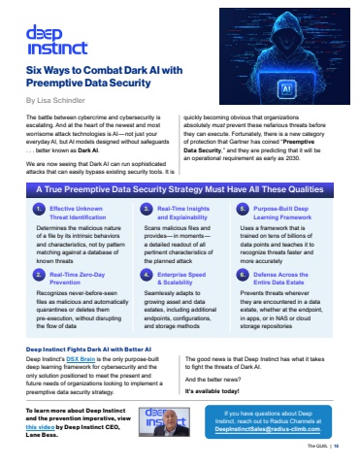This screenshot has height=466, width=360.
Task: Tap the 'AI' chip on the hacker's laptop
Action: click(x=287, y=86)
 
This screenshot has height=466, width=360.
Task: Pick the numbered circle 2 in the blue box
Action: click(x=38, y=250)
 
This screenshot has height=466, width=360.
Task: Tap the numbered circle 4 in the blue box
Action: click(x=143, y=250)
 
